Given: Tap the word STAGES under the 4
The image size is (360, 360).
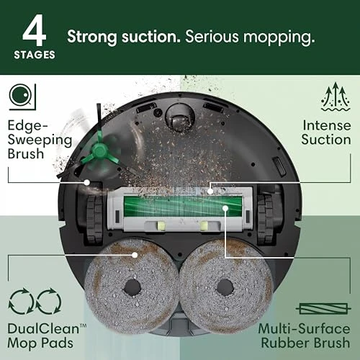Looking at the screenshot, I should click(35, 54).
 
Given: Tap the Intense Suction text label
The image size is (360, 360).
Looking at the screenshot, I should click(326, 131).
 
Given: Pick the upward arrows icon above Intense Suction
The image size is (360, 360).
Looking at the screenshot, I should click(334, 96).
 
